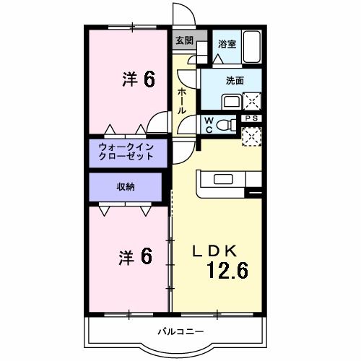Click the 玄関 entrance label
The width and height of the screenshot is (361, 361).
(x=184, y=41)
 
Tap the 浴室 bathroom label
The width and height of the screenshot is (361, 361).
(x=227, y=44)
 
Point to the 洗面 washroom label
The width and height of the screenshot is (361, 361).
(x=234, y=81)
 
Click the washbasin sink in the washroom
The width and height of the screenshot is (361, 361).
(x=232, y=100)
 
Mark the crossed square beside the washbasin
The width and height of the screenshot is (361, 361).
(x=253, y=100)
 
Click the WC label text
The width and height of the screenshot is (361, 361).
(x=208, y=124)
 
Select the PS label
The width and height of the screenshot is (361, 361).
(x=251, y=118)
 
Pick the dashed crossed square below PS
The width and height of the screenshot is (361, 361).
(x=252, y=136)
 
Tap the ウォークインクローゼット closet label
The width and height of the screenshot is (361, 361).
(x=126, y=152)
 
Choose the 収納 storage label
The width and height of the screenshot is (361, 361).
(x=126, y=187)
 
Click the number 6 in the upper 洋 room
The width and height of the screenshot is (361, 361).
(x=148, y=79)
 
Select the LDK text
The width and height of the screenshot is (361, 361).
(x=214, y=251)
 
